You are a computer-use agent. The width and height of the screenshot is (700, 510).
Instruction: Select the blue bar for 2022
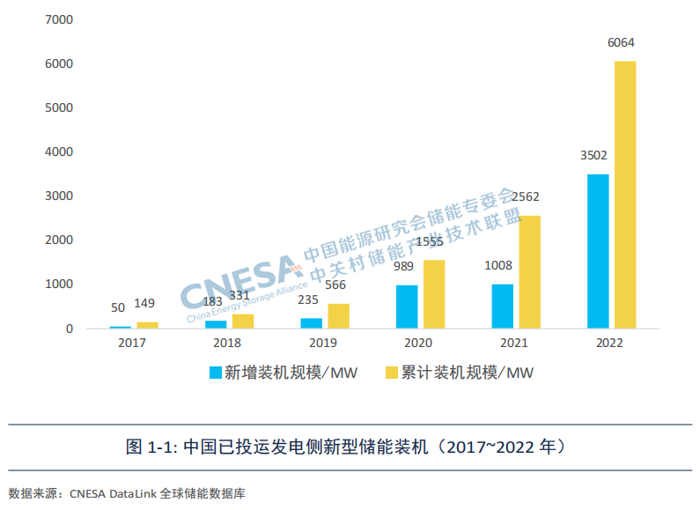pyautogui.click(x=598, y=251)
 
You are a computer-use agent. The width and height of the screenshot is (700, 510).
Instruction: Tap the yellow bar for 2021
pyautogui.click(x=530, y=272)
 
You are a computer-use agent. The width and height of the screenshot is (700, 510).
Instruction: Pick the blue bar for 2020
pyautogui.click(x=407, y=307)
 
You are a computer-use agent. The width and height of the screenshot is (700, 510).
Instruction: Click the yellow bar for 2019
pyautogui.click(x=339, y=316)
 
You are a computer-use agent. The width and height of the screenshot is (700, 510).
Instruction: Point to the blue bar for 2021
pyautogui.click(x=502, y=307)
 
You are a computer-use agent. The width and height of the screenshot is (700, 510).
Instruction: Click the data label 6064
pyautogui.click(x=621, y=42)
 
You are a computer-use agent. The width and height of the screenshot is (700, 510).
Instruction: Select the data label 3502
pyautogui.click(x=593, y=156)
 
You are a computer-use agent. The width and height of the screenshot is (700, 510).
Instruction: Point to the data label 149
pyautogui.click(x=144, y=304)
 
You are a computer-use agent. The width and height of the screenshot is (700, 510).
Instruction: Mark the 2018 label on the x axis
pyautogui.click(x=227, y=344)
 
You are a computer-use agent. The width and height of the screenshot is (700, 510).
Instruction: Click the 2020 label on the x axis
pyautogui.click(x=418, y=344)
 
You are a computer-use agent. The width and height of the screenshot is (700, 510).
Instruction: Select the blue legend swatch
pyautogui.click(x=215, y=373)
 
